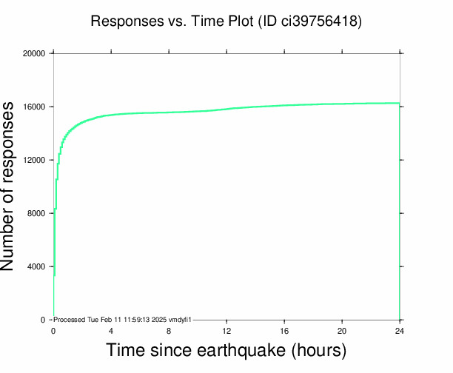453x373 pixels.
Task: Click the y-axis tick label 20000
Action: click(35, 53)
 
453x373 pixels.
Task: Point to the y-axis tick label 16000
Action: click(35, 107)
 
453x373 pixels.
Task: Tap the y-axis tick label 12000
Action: click(35, 160)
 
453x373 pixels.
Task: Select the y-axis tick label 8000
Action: click(37, 213)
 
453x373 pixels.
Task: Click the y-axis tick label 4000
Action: click(37, 266)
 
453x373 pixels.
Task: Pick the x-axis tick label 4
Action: click(111, 331)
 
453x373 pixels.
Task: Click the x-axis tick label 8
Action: click(169, 331)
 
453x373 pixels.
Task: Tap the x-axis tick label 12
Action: click(226, 331)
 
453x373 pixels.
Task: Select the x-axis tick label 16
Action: click(284, 331)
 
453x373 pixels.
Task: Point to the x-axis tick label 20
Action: click(342, 331)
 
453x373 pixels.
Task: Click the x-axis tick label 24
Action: click(400, 331)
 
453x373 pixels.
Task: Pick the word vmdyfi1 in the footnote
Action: click(180, 320)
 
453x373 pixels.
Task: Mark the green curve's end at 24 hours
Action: click(399, 103)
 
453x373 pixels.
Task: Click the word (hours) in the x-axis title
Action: click(318, 349)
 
